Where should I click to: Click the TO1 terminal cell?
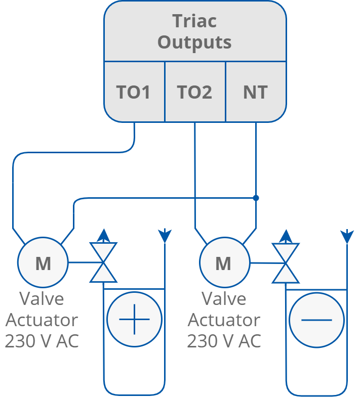(134, 92)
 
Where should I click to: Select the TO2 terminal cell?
(195, 92)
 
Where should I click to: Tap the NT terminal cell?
(256, 92)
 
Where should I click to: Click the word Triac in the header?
(194, 21)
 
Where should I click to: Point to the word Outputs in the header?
(194, 42)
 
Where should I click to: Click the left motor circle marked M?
(43, 262)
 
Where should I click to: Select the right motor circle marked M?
(224, 262)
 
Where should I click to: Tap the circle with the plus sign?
(134, 320)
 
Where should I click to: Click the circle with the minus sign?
(316, 320)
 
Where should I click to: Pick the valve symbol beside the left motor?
(103, 262)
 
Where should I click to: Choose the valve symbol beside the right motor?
(286, 262)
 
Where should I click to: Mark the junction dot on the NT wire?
(256, 198)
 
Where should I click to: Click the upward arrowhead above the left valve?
(103, 235)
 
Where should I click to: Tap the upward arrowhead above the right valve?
(286, 235)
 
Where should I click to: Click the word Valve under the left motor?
(43, 298)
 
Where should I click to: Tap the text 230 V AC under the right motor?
(224, 341)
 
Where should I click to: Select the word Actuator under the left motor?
(42, 320)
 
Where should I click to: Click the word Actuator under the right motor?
(224, 320)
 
